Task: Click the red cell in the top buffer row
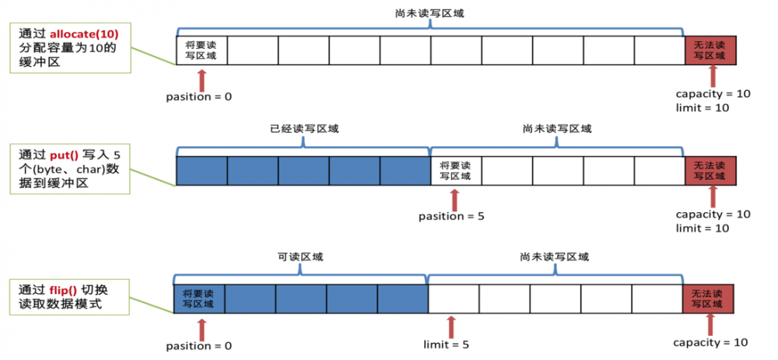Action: pos(710,51)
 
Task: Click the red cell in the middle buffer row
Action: pos(710,171)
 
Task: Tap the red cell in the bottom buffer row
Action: pos(707,299)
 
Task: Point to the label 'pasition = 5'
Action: pos(451,215)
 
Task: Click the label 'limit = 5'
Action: pos(446,344)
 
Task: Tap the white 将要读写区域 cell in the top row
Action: pos(201,51)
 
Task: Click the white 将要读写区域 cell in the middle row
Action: pos(455,171)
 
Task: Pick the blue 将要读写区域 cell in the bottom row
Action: pos(198,299)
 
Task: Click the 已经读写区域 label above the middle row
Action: pos(301,129)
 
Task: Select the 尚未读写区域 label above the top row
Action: pos(429,14)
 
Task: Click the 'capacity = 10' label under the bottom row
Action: pos(710,343)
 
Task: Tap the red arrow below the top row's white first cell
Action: pos(202,79)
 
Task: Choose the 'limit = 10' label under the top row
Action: pos(703,108)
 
